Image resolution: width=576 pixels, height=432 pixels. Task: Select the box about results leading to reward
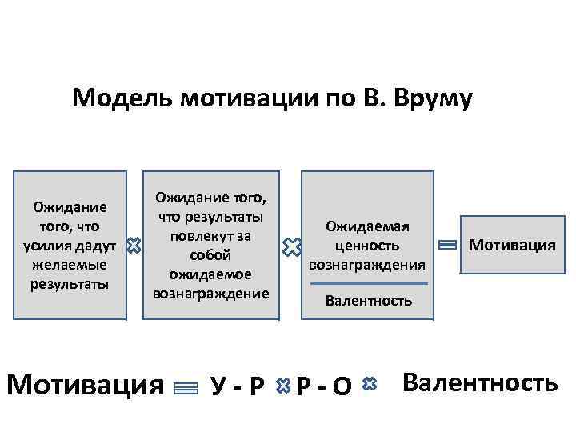pos(211,245)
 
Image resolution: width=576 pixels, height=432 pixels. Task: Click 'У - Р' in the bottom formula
pos(238,386)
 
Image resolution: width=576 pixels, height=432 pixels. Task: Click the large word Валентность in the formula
pos(480,382)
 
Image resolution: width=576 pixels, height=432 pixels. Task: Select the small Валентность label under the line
pos(369,301)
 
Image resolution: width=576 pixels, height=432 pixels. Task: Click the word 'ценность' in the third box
pos(367,245)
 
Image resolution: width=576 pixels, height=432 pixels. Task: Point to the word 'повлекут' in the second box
pos(210,236)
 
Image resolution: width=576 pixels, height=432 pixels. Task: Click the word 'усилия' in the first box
pos(50,245)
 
